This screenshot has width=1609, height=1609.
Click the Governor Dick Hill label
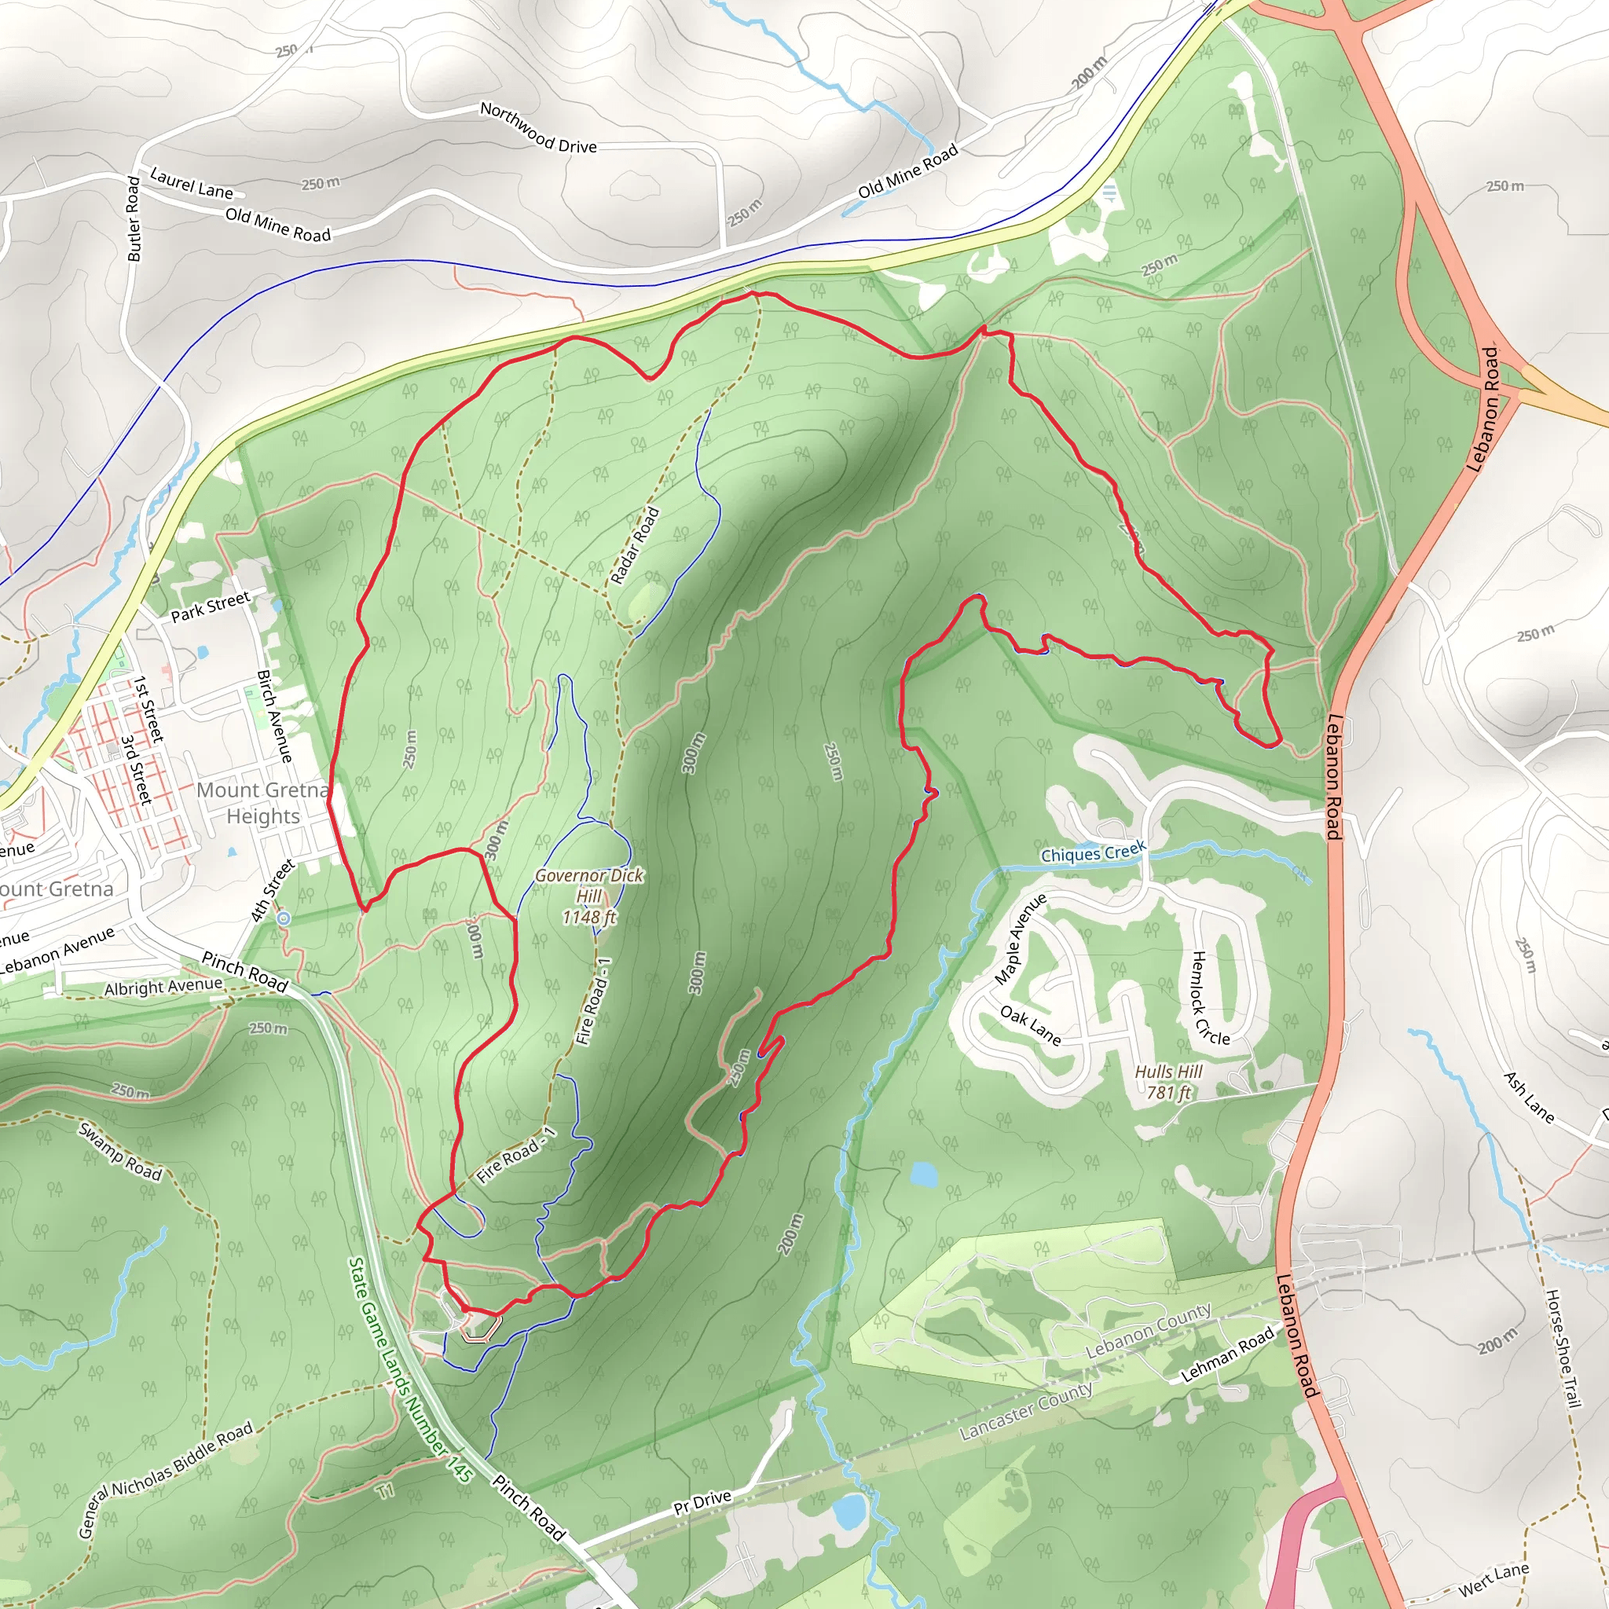coord(588,896)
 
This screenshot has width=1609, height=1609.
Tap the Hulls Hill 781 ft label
coord(1167,1082)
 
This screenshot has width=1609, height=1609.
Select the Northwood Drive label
coord(538,127)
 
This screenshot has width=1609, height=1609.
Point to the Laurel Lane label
coord(192,183)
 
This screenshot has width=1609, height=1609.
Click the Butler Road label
coord(134,219)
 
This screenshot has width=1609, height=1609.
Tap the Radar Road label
coord(635,545)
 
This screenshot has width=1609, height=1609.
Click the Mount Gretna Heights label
coord(263,803)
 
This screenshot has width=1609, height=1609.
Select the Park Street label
coord(210,607)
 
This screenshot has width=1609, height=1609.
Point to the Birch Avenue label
coord(275,717)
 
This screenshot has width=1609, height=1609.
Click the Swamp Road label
coord(121,1151)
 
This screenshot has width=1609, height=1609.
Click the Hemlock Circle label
coord(1210,998)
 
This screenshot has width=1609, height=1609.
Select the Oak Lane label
coord(1030,1025)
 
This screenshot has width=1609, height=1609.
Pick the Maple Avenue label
coord(1021,940)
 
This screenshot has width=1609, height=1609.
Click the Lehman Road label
coord(1228,1354)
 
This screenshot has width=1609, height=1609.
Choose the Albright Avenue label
coord(163,987)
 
